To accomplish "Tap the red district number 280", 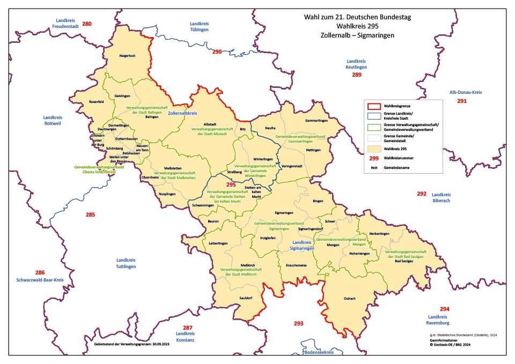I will (87, 24).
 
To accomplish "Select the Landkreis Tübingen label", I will (199, 27).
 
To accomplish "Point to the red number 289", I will (357, 75).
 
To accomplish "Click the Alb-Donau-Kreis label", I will (462, 93).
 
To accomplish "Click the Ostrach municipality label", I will (349, 299).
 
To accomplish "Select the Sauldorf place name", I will (246, 296).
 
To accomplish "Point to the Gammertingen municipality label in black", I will (316, 121).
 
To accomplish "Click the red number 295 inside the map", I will (231, 184).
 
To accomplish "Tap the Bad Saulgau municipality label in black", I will (405, 261).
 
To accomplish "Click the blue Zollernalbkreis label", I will (182, 114).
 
